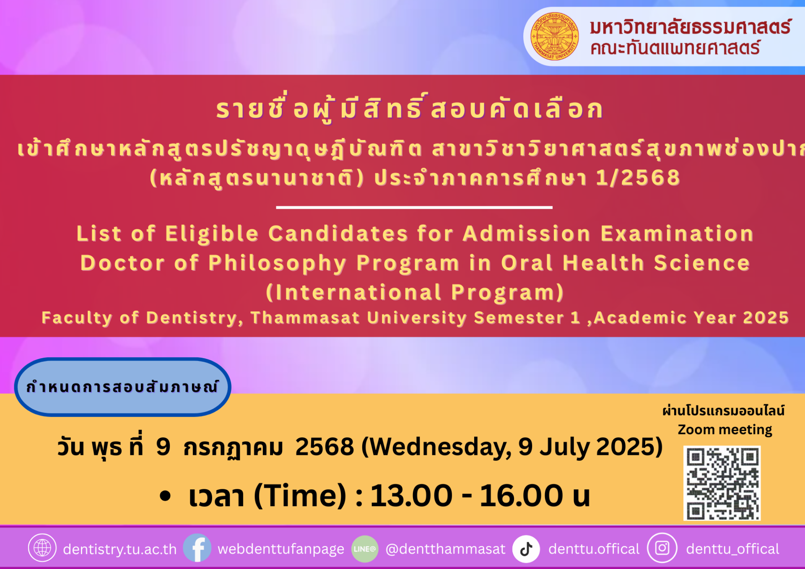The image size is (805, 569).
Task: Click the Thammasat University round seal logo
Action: tap(554, 36)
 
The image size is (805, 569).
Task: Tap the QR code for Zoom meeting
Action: tap(722, 483)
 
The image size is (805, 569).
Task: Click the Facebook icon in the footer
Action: tap(197, 548)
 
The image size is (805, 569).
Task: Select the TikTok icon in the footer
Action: tap(526, 548)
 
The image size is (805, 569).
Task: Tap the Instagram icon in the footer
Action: tap(662, 548)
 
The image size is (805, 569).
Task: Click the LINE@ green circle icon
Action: tap(365, 548)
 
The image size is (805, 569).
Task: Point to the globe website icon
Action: tap(42, 548)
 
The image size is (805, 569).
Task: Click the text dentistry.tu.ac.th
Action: tap(120, 549)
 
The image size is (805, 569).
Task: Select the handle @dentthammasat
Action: tap(445, 549)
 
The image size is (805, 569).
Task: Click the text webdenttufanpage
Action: tap(281, 549)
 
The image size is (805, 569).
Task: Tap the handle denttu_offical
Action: tap(732, 549)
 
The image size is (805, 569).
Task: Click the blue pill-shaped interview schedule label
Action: tap(122, 387)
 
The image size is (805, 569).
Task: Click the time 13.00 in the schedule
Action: tap(411, 496)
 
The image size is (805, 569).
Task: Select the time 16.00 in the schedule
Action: tap(521, 496)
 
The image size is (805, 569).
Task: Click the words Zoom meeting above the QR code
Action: tap(725, 430)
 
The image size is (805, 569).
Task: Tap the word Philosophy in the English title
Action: tap(278, 264)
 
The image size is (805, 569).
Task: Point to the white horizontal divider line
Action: tap(414, 207)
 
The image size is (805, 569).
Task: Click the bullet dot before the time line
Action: tap(166, 496)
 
